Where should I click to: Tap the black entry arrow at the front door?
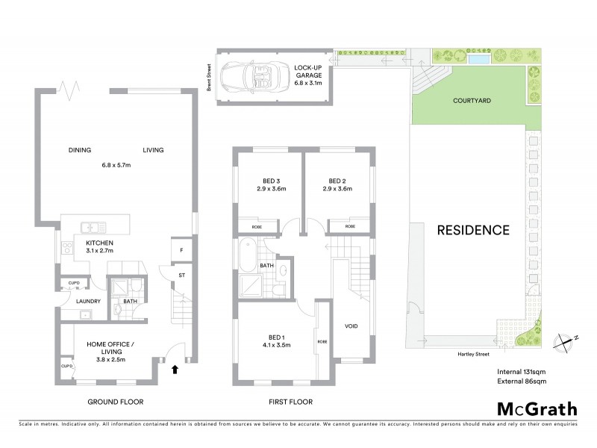[175, 368]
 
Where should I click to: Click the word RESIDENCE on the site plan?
[473, 230]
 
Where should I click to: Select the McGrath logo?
[537, 408]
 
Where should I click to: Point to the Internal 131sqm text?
[522, 371]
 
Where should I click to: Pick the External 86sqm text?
[522, 382]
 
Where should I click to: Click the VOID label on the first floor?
[350, 326]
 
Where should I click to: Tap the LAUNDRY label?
[88, 302]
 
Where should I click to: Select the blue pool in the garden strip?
[479, 58]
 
